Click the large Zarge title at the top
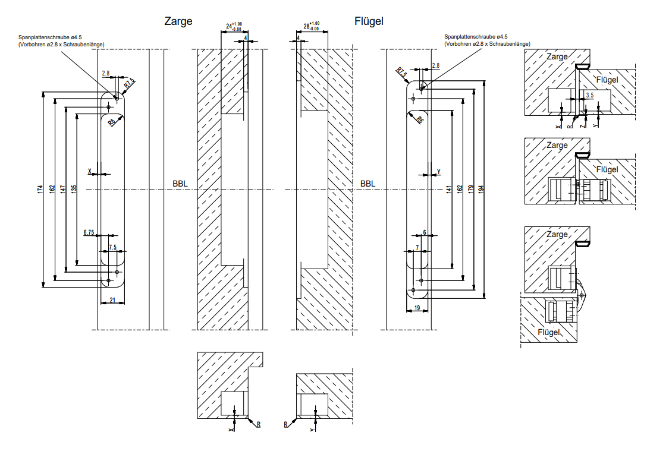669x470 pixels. [178, 21]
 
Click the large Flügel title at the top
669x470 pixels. [369, 21]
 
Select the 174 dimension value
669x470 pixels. [40, 189]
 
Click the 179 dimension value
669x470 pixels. [470, 189]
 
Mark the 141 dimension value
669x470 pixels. [448, 189]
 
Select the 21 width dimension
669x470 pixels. [113, 301]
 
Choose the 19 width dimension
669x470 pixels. [417, 307]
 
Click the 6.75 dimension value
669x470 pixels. [89, 232]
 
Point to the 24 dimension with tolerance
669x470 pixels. [233, 27]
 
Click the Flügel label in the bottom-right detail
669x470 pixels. [549, 332]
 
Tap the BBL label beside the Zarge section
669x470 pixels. [180, 184]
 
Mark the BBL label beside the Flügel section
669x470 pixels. [368, 184]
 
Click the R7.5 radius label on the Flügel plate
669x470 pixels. [402, 72]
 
